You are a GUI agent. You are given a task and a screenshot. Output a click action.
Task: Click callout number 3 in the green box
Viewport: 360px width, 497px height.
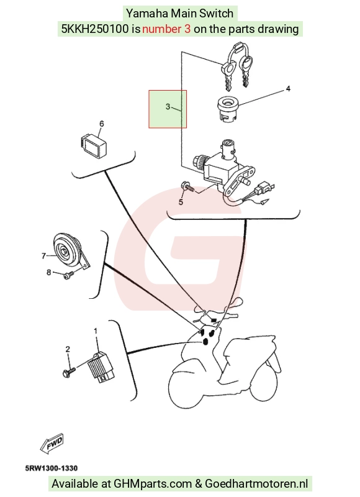[x=168, y=106]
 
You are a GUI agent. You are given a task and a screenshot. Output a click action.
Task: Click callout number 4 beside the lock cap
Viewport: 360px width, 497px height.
[x=288, y=89]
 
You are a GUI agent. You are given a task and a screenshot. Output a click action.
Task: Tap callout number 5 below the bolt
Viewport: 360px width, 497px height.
[x=181, y=202]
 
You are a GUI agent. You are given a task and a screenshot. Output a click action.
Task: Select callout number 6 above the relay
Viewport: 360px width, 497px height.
[x=101, y=124]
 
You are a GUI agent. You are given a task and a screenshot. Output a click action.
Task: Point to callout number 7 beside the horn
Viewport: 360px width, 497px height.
[x=43, y=255]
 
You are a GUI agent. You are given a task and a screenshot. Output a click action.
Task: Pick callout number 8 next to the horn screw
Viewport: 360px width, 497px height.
[x=49, y=272]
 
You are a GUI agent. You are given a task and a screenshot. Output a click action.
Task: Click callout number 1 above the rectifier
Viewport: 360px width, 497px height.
[x=96, y=331]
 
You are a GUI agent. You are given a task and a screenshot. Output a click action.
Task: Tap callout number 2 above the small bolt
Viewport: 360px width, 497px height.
[x=68, y=349]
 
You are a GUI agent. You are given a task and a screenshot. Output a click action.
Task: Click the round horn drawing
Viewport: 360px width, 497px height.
[x=67, y=250]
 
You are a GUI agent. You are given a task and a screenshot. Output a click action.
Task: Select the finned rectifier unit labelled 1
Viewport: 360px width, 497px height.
[x=101, y=367]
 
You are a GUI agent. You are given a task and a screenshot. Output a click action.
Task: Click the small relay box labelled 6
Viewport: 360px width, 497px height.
[x=92, y=144]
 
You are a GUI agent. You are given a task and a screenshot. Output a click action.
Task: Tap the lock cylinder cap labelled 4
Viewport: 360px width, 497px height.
[x=228, y=108]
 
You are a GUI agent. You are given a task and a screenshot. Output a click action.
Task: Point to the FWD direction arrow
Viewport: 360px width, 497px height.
[x=52, y=443]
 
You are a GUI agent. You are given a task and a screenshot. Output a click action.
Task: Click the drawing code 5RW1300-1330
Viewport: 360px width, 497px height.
[x=52, y=468]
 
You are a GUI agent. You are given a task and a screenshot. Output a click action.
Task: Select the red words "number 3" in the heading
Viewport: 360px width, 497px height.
[x=166, y=29]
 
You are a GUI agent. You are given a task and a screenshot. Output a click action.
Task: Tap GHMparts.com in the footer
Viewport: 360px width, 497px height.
[x=153, y=484]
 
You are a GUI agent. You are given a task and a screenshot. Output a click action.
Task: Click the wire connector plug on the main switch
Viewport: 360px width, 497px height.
[x=263, y=189]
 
